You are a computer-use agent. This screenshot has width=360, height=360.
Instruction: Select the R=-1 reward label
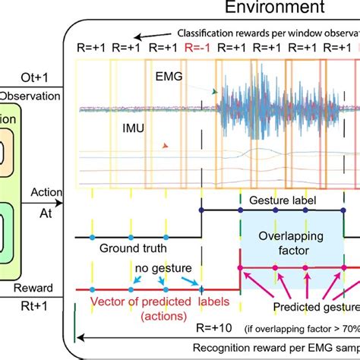[x=198, y=48]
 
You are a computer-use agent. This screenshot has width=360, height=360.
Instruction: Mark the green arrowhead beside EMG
[x=216, y=90]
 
